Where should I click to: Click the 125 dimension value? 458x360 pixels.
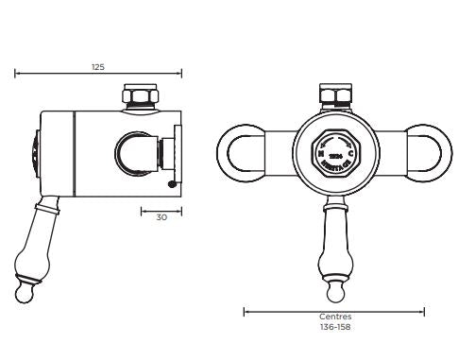[98, 66]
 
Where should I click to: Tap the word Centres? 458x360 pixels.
[333, 317]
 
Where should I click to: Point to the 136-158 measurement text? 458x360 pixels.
[333, 327]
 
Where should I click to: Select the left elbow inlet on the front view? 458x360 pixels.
[244, 151]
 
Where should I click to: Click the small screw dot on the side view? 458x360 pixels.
[172, 183]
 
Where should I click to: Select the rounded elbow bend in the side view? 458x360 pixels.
[131, 150]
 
